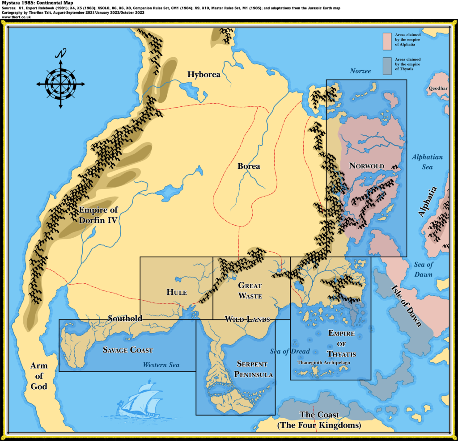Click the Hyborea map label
click(204, 75)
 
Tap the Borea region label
click(249, 166)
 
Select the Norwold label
click(366, 166)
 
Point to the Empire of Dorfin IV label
click(98, 215)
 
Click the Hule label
click(176, 292)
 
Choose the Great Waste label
click(250, 290)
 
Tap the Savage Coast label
click(127, 350)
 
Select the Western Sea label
click(161, 365)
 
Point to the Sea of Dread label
click(290, 351)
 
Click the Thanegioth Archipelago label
click(324, 363)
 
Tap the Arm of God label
click(39, 376)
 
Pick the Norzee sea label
click(360, 71)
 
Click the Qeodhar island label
click(438, 88)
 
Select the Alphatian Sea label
click(427, 162)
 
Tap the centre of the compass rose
click(60, 83)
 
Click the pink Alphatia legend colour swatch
click(387, 41)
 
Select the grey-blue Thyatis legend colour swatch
click(387, 66)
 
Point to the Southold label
click(125, 319)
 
